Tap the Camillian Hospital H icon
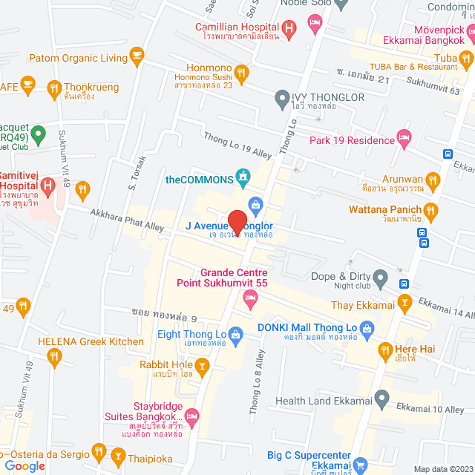point(289,27)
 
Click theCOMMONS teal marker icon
point(242,176)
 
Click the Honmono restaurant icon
point(240,72)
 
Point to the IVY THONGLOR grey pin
point(281,96)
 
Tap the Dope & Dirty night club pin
point(380,281)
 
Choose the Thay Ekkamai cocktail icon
point(404,302)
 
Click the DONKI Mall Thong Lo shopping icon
point(366,327)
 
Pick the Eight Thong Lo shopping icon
point(236,335)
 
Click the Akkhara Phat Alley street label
point(127,221)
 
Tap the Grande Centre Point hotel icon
point(251,298)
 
